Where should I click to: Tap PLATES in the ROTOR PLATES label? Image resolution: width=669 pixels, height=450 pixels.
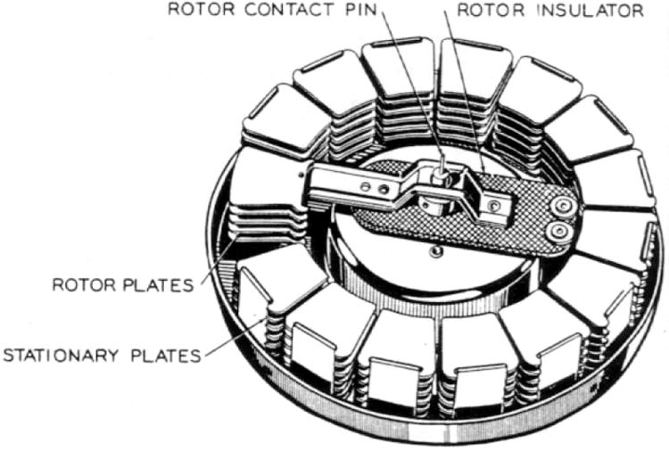(x=161, y=286)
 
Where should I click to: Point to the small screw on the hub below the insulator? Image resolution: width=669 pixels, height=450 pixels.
(x=434, y=252)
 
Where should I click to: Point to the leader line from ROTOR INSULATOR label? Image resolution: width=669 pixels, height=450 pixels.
(x=463, y=89)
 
